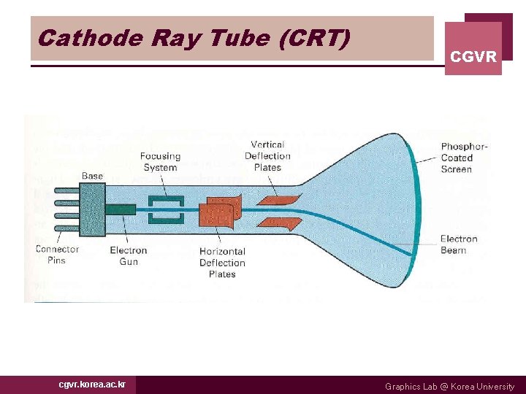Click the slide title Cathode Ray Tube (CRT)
tap(194, 37)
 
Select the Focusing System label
tap(160, 161)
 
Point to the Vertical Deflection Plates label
tap(267, 156)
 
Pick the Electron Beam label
tap(458, 244)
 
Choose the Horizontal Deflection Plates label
tap(222, 263)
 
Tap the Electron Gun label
tap(129, 255)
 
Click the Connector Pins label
tap(57, 255)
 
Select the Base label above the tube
tap(92, 176)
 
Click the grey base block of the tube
tap(92, 208)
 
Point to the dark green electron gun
tap(120, 209)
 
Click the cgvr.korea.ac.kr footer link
tap(92, 385)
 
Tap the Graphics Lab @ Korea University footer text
tap(449, 386)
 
